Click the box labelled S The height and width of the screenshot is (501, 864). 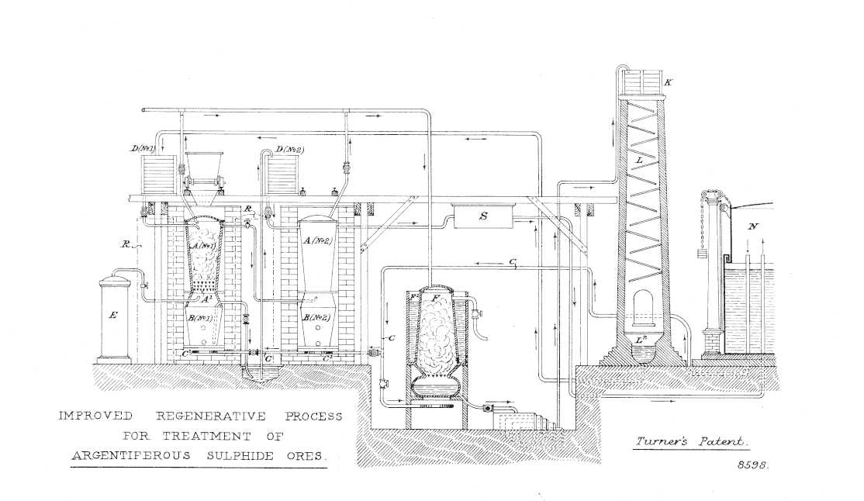point(483,218)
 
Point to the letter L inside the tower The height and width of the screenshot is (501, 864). point(641,160)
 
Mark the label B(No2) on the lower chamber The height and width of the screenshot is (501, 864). point(318,317)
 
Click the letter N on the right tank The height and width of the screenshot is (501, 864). point(750,227)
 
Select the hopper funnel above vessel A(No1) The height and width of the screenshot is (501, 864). point(205,166)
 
